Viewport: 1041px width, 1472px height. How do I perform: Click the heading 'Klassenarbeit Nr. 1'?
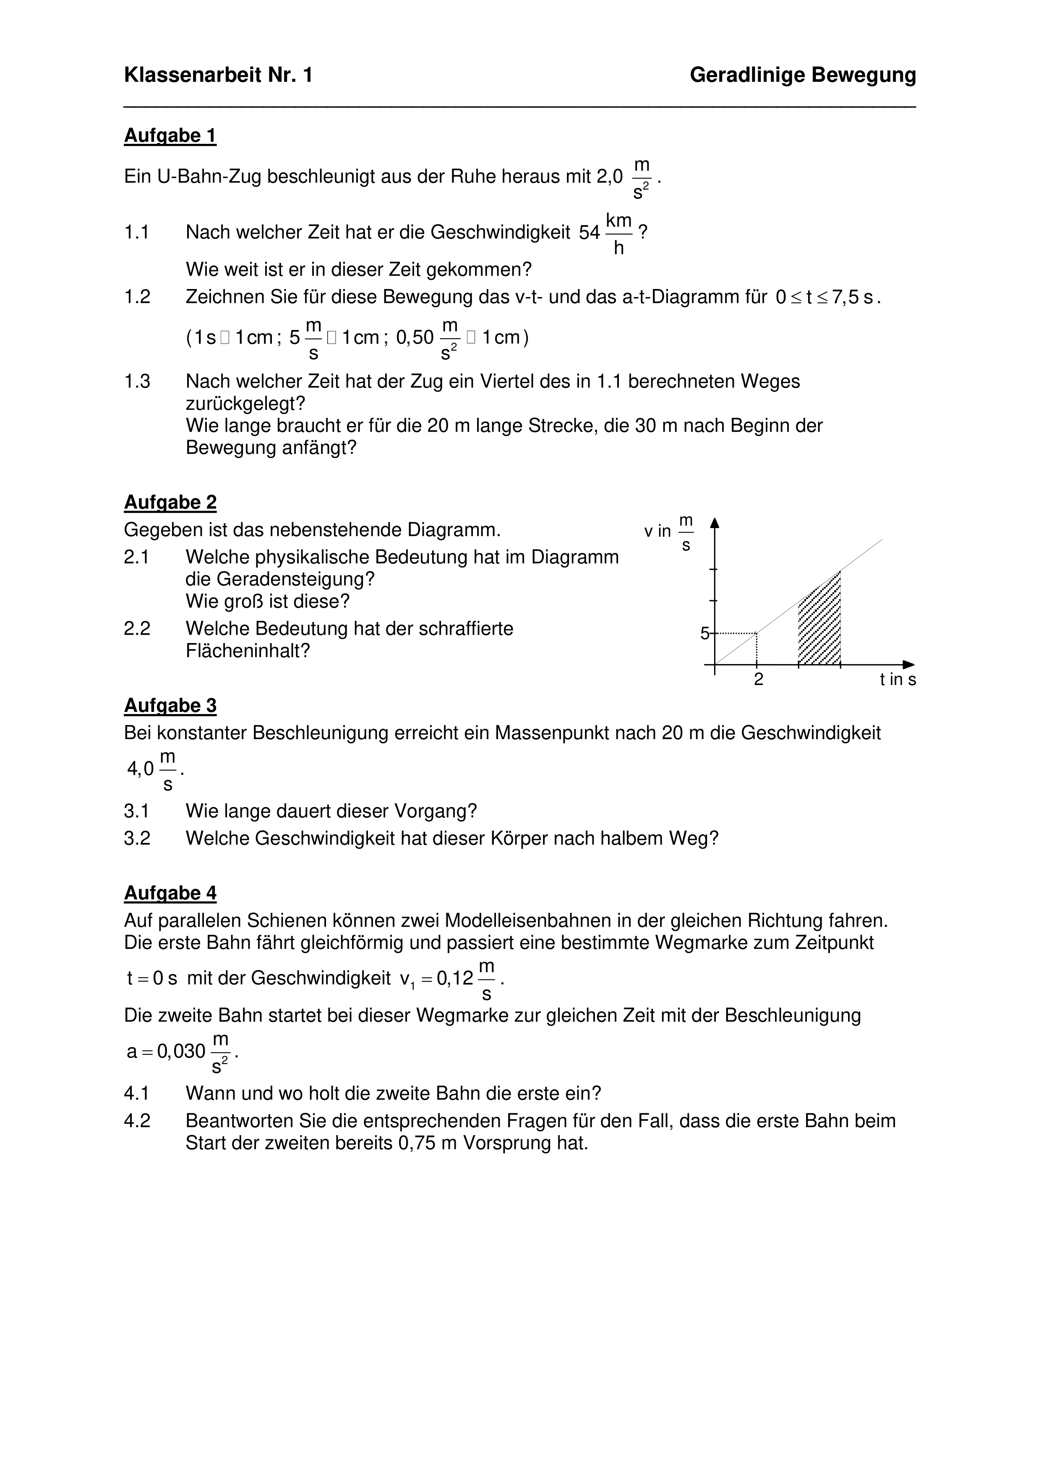coord(218,76)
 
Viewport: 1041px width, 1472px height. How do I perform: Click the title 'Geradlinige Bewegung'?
coord(802,76)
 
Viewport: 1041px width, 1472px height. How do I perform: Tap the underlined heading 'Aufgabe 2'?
coord(170,502)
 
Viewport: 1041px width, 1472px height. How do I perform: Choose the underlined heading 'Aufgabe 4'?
coord(170,893)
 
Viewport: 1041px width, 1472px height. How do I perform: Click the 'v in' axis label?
coord(657,531)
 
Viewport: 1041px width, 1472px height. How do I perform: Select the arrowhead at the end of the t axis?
coord(908,665)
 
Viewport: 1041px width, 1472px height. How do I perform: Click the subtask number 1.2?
coord(137,297)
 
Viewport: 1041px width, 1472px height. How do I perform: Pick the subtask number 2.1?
coord(137,557)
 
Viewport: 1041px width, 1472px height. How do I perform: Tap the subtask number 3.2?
coord(137,838)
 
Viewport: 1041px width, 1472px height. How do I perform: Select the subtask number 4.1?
coord(137,1092)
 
